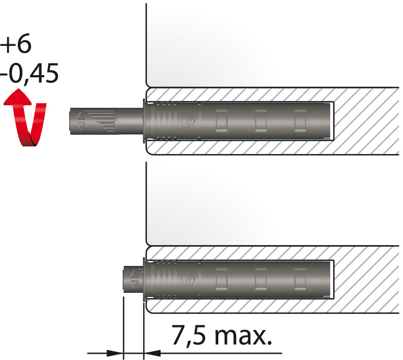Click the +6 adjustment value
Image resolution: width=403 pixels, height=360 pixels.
pyautogui.click(x=16, y=43)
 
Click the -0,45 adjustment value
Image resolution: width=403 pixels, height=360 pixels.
pyautogui.click(x=30, y=74)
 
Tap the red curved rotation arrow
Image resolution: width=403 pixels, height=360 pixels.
pyautogui.click(x=25, y=118)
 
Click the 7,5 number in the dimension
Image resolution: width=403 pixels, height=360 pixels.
pyautogui.click(x=188, y=335)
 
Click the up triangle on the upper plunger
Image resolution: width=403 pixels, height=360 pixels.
pyautogui.click(x=81, y=116)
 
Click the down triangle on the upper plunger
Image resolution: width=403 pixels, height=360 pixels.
pyautogui.click(x=81, y=126)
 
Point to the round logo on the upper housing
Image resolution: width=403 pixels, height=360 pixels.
pyautogui.click(x=188, y=121)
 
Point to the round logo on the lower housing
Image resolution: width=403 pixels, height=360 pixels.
pyautogui.click(x=188, y=279)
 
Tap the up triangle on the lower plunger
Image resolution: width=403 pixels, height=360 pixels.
pyautogui.click(x=134, y=274)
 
